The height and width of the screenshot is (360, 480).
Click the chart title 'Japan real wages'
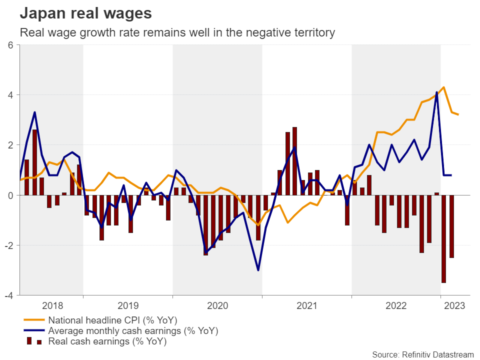(85, 13)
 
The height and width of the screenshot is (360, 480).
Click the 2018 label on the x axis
(52, 305)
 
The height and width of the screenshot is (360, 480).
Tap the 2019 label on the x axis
(127, 305)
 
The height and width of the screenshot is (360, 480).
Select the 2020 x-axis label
(217, 305)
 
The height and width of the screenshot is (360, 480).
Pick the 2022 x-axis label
(395, 305)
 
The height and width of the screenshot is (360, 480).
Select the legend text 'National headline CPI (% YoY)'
(112, 320)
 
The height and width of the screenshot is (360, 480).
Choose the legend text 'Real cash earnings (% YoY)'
(107, 342)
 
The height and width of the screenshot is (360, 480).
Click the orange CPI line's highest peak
(444, 87)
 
